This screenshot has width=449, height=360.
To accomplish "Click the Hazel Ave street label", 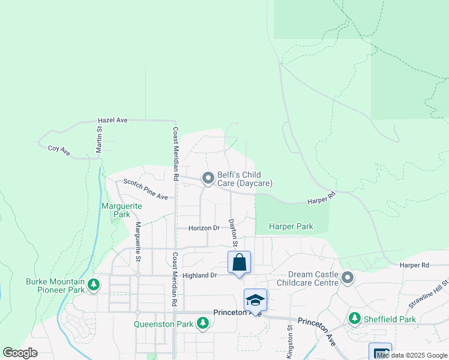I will pyautogui.click(x=113, y=120).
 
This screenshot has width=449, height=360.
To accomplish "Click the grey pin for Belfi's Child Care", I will pyautogui.click(x=208, y=178).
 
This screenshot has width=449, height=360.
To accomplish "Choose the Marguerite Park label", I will pyautogui.click(x=122, y=210).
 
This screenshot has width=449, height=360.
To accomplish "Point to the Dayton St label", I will pyautogui.click(x=232, y=232).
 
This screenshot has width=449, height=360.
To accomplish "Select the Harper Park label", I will pyautogui.click(x=291, y=227).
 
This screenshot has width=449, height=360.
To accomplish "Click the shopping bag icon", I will pyautogui.click(x=239, y=262).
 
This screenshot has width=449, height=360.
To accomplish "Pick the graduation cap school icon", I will pyautogui.click(x=255, y=299).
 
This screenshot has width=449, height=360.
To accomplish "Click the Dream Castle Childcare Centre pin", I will pyautogui.click(x=347, y=277).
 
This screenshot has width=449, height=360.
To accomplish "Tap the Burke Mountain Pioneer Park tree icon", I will pyautogui.click(x=93, y=284).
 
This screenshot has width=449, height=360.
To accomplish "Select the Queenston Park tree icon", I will pyautogui.click(x=203, y=324).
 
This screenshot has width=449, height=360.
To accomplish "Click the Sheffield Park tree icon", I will pyautogui.click(x=355, y=318).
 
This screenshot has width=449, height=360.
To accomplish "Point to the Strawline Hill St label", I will pyautogui.click(x=429, y=295).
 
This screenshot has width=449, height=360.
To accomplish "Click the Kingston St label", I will pyautogui.click(x=289, y=342).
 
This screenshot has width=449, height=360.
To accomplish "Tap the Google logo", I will pyautogui.click(x=20, y=353).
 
